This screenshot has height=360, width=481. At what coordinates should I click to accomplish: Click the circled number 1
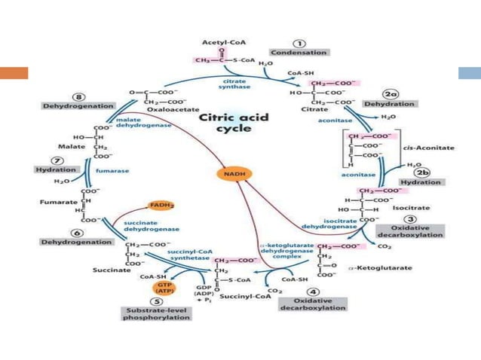(299, 42)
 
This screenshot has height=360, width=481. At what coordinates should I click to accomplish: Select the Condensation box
(299, 53)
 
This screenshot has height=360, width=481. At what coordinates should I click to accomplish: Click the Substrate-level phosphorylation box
(156, 314)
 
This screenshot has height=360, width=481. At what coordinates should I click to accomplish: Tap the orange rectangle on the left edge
(14, 73)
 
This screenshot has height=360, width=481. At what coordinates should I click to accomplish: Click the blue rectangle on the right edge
(470, 73)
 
